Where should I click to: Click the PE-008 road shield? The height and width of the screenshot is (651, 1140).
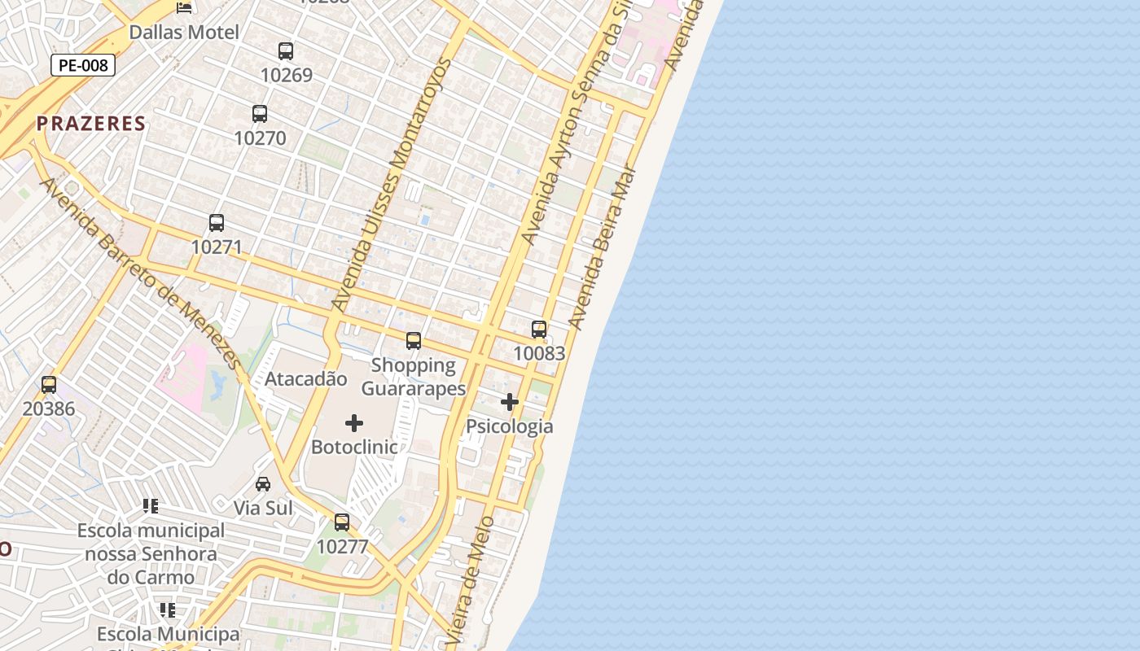(x=83, y=65)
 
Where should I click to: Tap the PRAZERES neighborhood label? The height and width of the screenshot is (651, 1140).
(x=91, y=124)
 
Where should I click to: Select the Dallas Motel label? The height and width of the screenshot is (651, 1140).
(x=184, y=33)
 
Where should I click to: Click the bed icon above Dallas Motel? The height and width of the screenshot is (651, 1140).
(x=185, y=8)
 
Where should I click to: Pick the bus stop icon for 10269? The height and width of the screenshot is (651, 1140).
(x=286, y=51)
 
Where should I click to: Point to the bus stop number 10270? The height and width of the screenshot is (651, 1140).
(x=261, y=138)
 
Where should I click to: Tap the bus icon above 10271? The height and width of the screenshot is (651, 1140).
(x=217, y=222)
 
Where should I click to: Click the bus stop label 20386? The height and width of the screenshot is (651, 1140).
(x=49, y=409)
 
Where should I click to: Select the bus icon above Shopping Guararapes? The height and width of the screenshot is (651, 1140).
(x=414, y=341)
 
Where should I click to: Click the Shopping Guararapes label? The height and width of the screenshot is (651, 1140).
(x=414, y=377)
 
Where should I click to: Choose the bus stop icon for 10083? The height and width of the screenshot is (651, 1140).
(x=539, y=330)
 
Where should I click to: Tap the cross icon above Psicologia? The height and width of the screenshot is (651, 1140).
(x=510, y=402)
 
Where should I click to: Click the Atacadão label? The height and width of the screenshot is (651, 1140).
(x=306, y=379)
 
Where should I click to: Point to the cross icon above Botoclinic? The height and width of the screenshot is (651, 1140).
(x=354, y=423)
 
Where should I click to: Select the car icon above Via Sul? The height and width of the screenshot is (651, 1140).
(x=263, y=484)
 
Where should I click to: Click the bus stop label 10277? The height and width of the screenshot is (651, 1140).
(x=342, y=547)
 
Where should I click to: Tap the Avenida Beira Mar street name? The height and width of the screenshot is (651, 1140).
(x=603, y=255)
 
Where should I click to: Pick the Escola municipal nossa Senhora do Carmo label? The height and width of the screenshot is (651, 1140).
(x=151, y=554)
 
